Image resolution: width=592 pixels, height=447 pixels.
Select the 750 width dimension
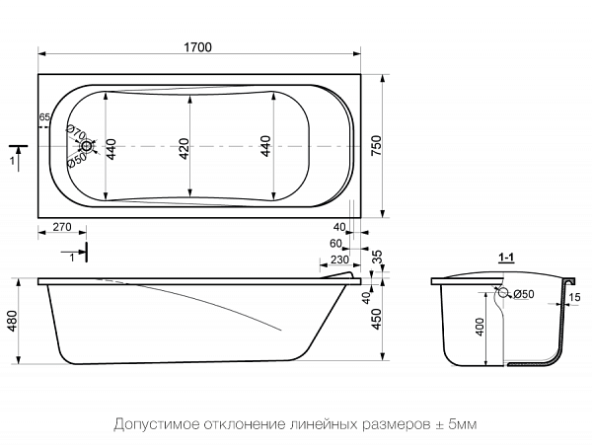point(376,143)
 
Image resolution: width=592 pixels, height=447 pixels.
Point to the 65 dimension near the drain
point(44,117)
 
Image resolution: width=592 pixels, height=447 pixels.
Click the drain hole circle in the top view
point(88,147)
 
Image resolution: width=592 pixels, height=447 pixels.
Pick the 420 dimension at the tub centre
point(184,147)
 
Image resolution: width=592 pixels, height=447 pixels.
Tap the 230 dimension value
point(337,261)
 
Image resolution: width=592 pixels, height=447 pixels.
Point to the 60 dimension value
point(335,244)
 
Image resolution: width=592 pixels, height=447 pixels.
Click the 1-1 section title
point(508,259)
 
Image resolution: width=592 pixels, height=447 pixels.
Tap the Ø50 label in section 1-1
point(522,294)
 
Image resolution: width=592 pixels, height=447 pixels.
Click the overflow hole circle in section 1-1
point(503,293)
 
